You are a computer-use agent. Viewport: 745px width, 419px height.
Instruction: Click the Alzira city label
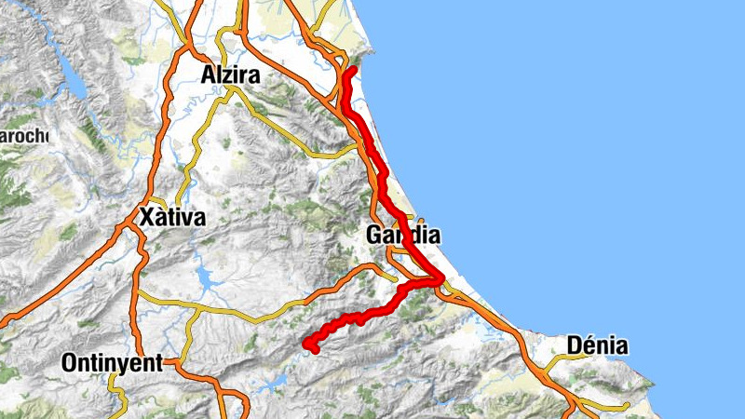pyautogui.click(x=230, y=75)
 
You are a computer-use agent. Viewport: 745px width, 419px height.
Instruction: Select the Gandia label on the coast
pyautogui.click(x=402, y=237)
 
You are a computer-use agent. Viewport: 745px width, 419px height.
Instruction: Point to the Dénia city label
pyautogui.click(x=596, y=347)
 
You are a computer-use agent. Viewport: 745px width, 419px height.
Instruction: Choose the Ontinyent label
pyautogui.click(x=112, y=363)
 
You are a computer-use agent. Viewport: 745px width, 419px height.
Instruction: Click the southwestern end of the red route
pyautogui.click(x=309, y=348)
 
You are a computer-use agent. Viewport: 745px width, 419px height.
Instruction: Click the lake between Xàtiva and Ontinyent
pyautogui.click(x=201, y=276)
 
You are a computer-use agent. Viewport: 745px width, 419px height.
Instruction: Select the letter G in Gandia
pyautogui.click(x=374, y=237)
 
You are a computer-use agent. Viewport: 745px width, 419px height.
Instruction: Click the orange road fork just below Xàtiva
pyautogui.click(x=139, y=234)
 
